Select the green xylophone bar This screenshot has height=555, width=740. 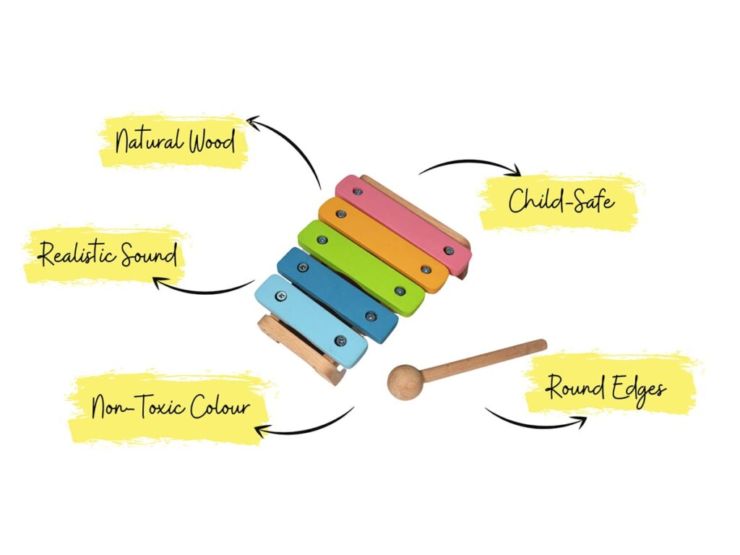[x=361, y=268]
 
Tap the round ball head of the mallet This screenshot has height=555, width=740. [x=403, y=382]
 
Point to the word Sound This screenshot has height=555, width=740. [x=148, y=255]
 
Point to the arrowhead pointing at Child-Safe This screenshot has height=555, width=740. [x=515, y=172]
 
